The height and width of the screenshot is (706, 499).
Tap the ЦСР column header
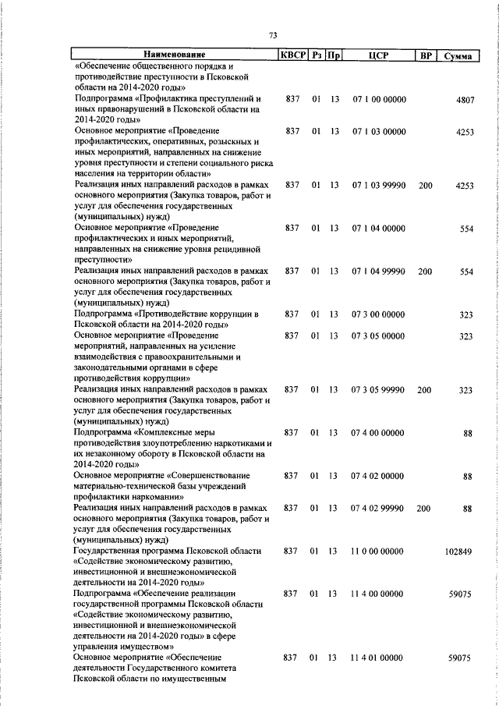pos(377,55)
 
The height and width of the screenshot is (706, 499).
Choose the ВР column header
pos(425,55)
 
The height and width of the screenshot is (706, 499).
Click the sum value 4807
pos(464,100)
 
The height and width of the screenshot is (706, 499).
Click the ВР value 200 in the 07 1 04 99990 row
pos(424,271)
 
